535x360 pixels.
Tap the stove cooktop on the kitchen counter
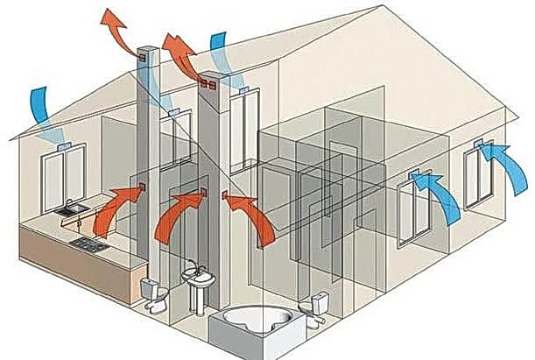[88, 243]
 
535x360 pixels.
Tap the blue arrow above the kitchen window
[47, 109]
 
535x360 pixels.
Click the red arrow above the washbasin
[178, 214]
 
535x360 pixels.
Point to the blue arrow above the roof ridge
[219, 49]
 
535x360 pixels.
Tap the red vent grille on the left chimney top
[142, 58]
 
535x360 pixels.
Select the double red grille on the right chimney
[207, 85]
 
